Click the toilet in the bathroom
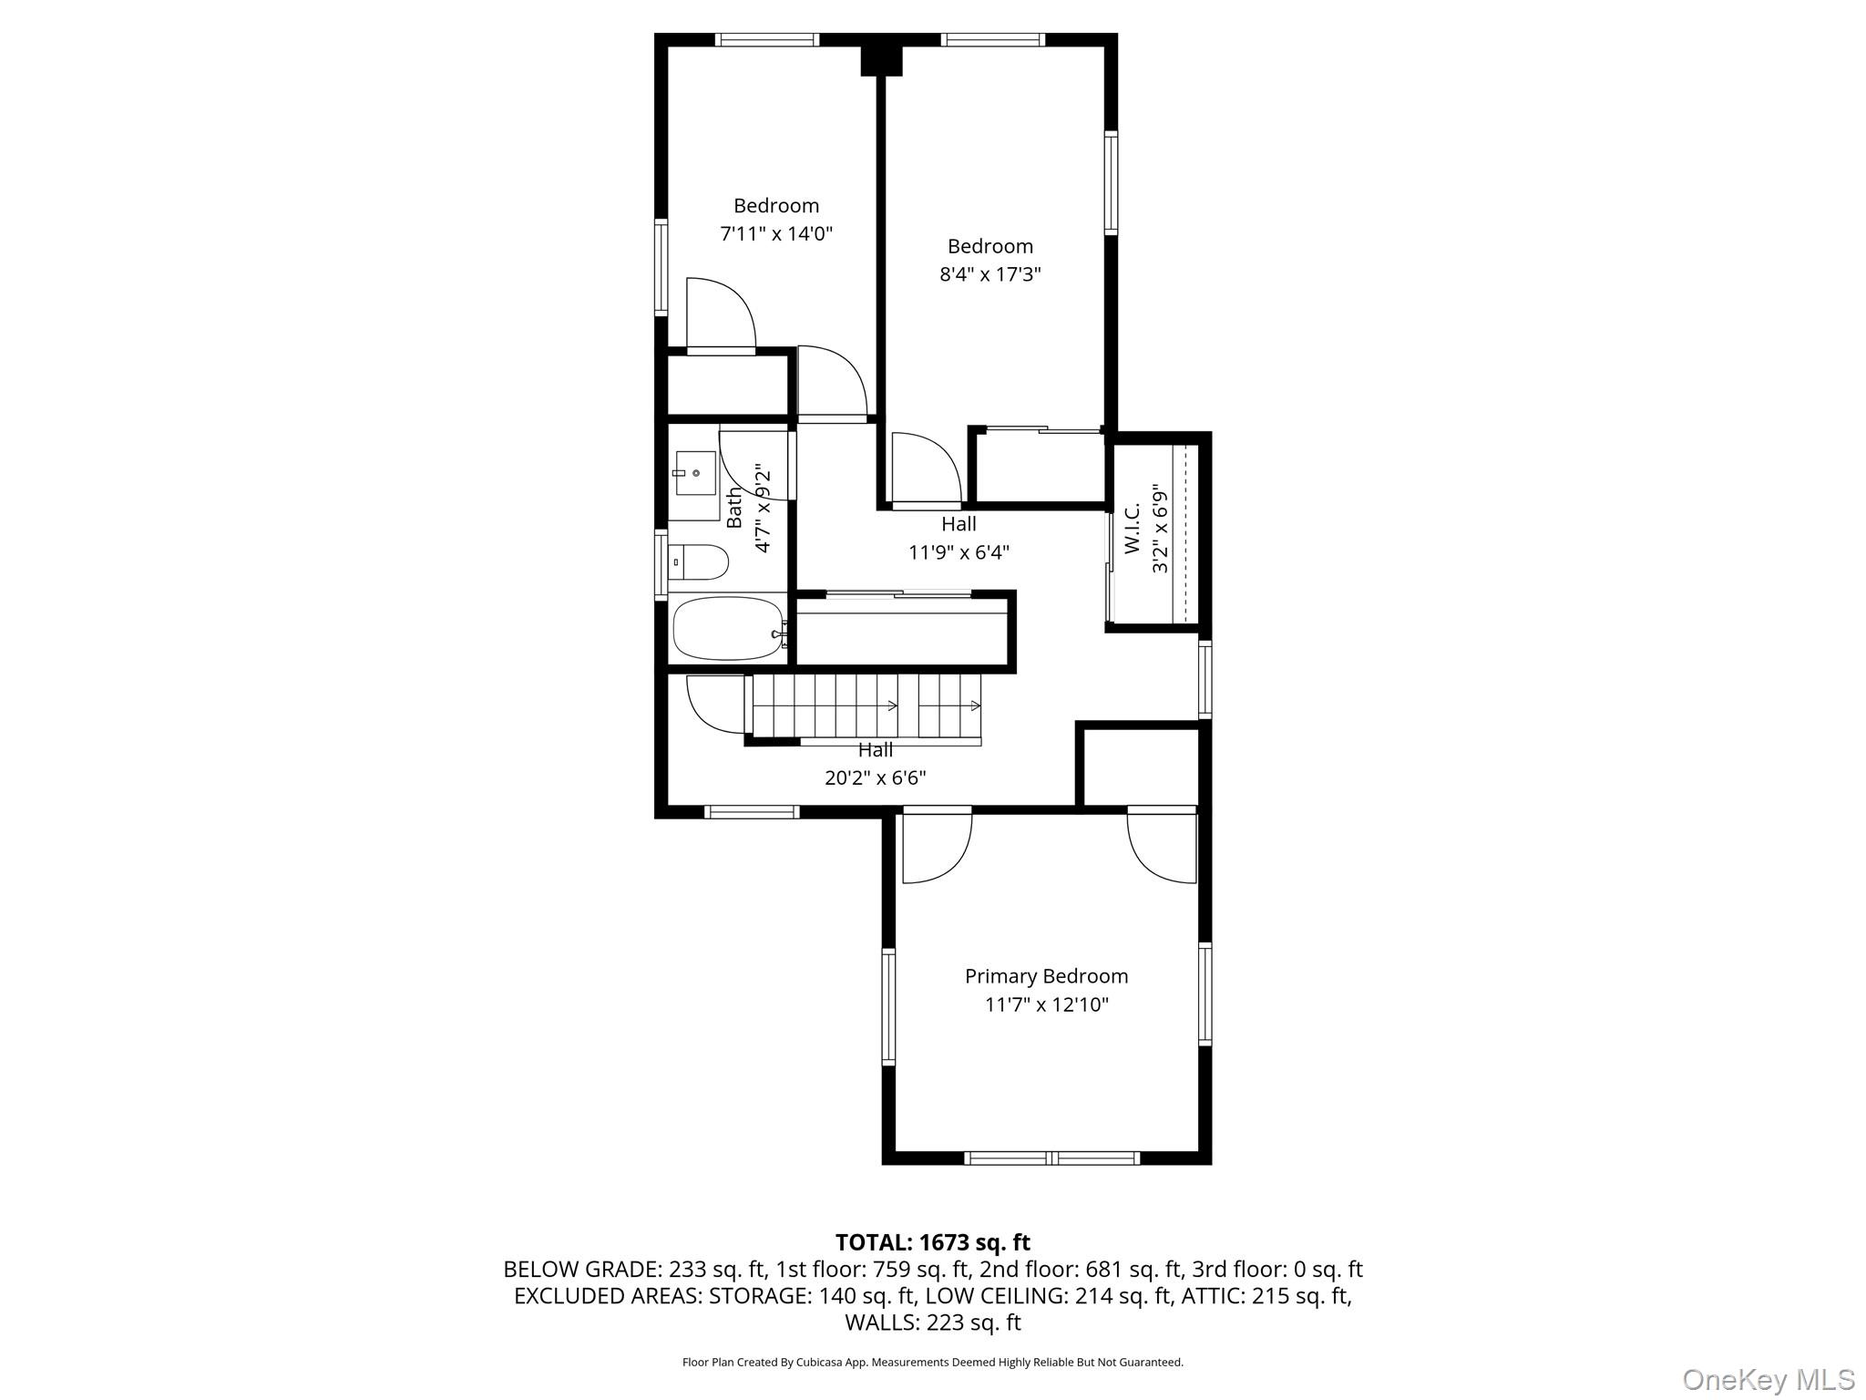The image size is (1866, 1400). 700,562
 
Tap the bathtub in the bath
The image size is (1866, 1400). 727,629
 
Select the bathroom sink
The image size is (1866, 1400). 694,473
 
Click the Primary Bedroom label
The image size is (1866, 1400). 1046,976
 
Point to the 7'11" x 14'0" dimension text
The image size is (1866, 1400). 776,234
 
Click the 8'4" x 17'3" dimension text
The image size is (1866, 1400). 989,274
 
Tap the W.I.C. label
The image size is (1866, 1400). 1133,529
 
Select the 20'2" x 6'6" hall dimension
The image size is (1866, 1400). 875,777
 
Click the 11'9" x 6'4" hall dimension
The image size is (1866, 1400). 959,552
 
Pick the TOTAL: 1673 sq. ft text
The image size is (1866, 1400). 932,1242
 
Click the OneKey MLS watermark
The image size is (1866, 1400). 1768,1380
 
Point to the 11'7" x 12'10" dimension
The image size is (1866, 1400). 1046,1005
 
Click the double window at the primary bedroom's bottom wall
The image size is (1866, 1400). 1051,1158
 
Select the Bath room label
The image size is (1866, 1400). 734,508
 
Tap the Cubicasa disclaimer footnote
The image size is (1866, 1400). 932,1363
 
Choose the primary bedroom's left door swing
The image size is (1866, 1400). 936,847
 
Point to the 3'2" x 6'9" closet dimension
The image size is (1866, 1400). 1160,529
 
